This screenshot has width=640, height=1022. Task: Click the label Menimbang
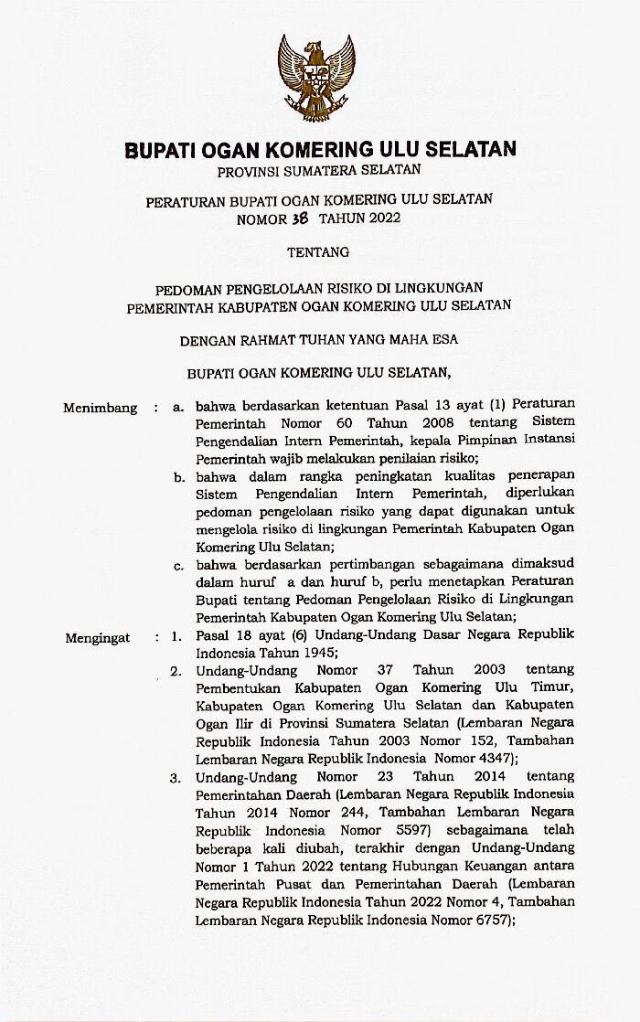click(x=100, y=408)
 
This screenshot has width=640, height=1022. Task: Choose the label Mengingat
click(x=98, y=637)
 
